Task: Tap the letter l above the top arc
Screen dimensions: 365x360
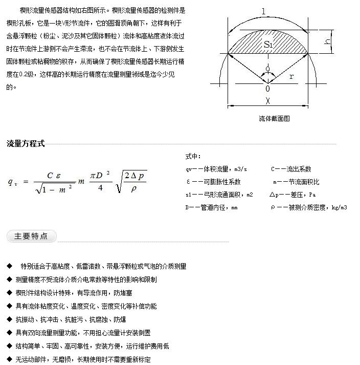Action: point(263,11)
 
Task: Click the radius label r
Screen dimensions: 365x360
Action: point(291,76)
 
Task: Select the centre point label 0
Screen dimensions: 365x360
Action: point(267,89)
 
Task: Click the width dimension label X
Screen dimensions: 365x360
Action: point(267,101)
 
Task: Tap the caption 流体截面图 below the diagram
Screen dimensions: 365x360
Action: point(274,118)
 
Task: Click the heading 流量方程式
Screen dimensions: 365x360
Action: point(26,143)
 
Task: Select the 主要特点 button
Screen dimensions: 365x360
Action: point(31,236)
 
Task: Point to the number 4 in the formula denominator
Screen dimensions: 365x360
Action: point(100,188)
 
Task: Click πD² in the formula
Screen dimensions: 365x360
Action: point(100,176)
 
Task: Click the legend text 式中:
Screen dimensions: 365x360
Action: point(193,157)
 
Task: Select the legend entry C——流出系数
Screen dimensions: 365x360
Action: point(291,169)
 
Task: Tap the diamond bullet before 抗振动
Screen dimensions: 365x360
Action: point(9,319)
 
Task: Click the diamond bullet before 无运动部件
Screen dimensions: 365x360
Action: point(9,359)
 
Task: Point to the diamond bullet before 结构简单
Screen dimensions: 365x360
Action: point(9,346)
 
